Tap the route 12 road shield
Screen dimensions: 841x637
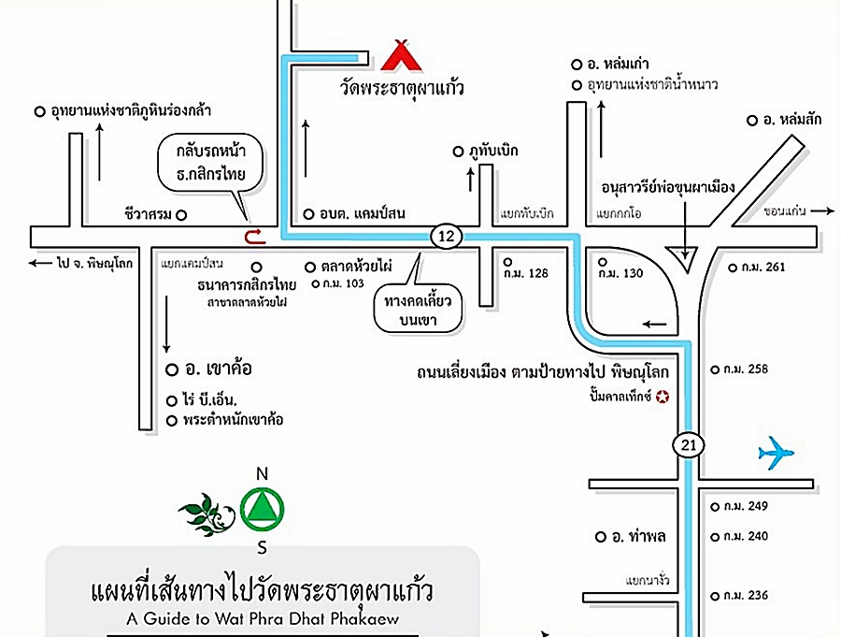pos(446,236)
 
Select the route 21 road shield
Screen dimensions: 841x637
pos(688,444)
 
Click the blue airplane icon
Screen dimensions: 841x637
pos(776,453)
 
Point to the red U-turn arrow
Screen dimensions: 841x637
pos(255,237)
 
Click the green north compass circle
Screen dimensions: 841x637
pos(262,509)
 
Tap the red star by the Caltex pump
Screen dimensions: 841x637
pos(663,397)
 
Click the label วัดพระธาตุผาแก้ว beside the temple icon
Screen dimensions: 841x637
pos(401,88)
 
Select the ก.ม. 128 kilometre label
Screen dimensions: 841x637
pos(525,273)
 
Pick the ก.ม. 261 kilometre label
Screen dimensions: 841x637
pos(763,267)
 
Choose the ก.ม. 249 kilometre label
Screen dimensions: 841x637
pos(746,506)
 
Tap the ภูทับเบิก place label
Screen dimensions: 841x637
pos(493,151)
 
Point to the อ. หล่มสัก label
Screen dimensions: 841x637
pos(791,119)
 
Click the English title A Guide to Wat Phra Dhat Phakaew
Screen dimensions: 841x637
pos(263,618)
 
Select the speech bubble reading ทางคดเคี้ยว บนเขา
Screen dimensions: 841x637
pos(418,309)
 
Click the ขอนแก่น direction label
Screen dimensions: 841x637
pos(785,211)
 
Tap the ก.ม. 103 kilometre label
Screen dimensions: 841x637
pos(343,283)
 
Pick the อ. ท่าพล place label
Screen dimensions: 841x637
pos(638,536)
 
